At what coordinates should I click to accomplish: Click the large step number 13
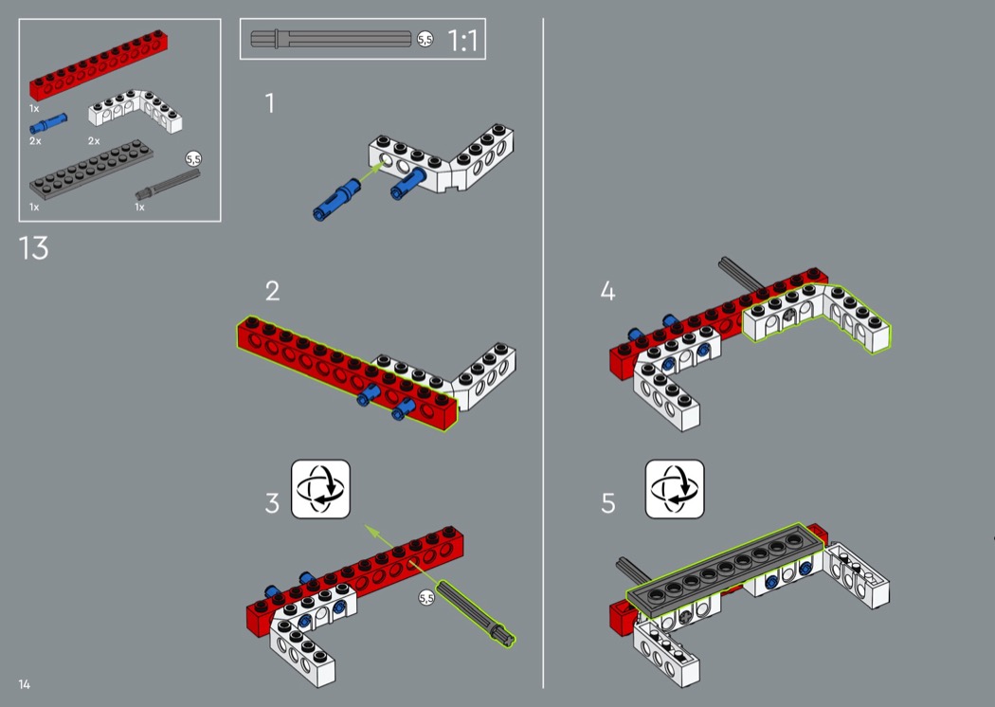[x=33, y=248]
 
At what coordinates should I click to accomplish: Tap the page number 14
[x=24, y=684]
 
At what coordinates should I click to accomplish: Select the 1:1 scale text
[x=462, y=41]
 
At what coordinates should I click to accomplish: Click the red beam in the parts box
[x=99, y=65]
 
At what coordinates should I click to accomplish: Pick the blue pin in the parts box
[x=48, y=123]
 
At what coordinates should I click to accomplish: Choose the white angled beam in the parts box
[x=136, y=111]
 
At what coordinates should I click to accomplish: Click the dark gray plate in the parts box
[x=91, y=170]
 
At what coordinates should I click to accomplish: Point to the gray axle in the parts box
[x=168, y=184]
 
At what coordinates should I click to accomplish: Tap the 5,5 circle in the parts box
[x=193, y=158]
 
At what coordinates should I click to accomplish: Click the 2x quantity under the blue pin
[x=36, y=141]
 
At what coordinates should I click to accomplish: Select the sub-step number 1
[x=270, y=103]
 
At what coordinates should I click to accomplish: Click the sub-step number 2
[x=272, y=291]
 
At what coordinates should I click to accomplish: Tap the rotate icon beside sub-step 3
[x=320, y=489]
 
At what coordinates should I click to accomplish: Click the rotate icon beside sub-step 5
[x=675, y=489]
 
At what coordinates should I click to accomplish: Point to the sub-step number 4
[x=607, y=291]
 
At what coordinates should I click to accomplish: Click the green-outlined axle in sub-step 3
[x=476, y=614]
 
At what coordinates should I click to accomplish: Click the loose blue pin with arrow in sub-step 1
[x=337, y=199]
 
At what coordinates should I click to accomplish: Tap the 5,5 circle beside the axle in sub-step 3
[x=426, y=598]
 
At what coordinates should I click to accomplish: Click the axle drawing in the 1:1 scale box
[x=332, y=40]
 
